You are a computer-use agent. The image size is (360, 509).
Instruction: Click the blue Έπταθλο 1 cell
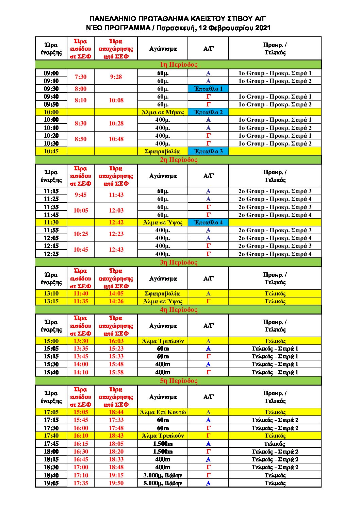208,89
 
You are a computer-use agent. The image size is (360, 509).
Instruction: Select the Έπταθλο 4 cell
208,222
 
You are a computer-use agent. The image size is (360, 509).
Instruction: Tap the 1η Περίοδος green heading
178,65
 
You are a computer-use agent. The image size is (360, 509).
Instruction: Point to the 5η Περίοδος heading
178,380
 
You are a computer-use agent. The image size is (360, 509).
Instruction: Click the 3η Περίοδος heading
178,262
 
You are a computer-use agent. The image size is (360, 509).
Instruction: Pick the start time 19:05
51,483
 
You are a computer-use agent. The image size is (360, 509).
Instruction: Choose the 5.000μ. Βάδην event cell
163,483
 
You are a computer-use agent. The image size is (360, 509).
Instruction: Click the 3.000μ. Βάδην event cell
163,475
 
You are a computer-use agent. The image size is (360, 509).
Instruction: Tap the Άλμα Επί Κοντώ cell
163,412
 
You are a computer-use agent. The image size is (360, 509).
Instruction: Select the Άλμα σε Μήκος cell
163,112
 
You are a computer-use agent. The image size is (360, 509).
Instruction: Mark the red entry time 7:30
81,77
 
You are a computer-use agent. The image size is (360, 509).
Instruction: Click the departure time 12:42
116,222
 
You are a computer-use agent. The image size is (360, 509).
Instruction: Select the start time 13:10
51,293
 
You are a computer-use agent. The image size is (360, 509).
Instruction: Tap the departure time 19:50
116,483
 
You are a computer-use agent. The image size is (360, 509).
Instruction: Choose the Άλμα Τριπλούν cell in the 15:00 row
163,341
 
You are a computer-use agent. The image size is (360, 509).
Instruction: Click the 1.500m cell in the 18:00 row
163,452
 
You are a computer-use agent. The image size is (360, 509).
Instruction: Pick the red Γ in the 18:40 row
208,475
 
